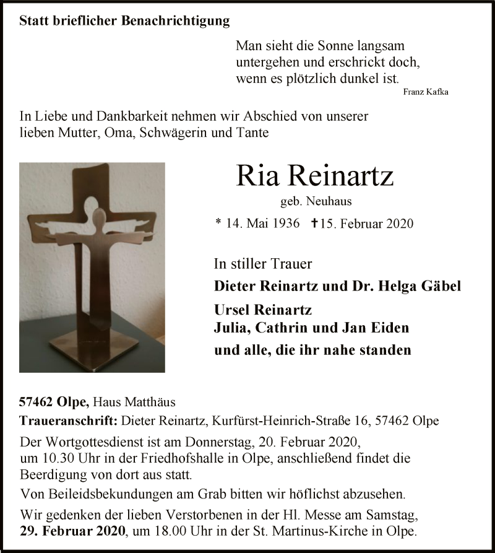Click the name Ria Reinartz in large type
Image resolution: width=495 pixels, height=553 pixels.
coord(314,176)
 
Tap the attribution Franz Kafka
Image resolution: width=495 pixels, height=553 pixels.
coord(425,92)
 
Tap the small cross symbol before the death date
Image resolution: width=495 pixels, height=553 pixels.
coord(315,222)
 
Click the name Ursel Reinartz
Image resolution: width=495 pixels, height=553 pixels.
coord(262,309)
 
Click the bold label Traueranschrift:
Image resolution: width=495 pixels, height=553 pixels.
coord(69,420)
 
